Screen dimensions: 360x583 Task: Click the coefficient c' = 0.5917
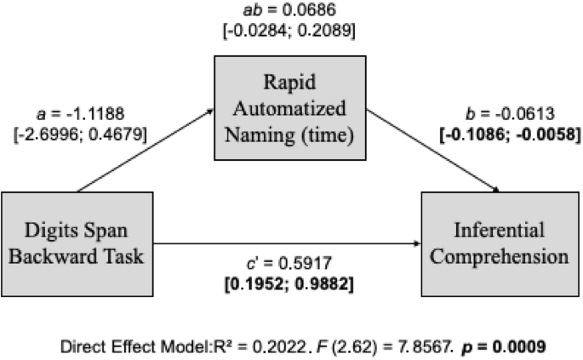291,264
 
